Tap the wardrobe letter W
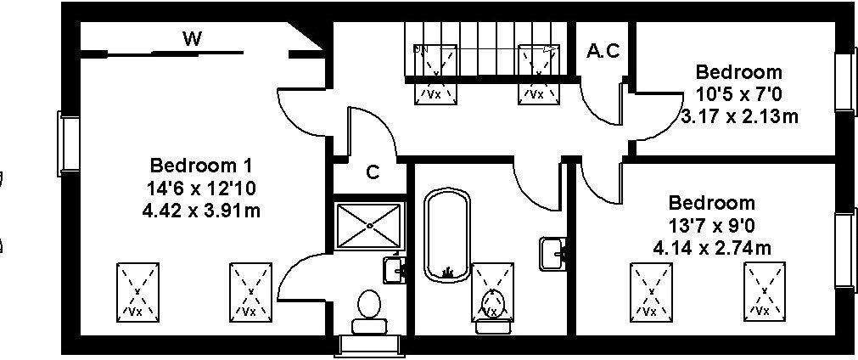click(192, 39)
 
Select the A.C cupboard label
click(603, 51)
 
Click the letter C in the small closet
click(373, 172)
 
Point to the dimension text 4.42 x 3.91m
click(201, 211)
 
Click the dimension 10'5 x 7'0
click(738, 94)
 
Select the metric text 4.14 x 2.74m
click(712, 248)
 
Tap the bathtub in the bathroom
click(447, 236)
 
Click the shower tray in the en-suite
click(370, 226)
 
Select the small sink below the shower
click(395, 269)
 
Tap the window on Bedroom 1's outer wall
click(69, 143)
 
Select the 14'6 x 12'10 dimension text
click(201, 188)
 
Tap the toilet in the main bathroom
click(493, 311)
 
